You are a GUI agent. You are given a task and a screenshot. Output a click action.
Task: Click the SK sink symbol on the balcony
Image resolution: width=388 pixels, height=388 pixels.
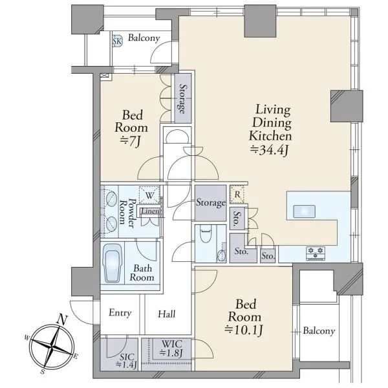point(117,41)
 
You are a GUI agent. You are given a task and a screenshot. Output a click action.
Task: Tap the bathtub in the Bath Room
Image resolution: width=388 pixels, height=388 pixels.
point(112,263)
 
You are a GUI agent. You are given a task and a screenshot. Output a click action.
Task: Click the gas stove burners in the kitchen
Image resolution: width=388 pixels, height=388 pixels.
point(316,253)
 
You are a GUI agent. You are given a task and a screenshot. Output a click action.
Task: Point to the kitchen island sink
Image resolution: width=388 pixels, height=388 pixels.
point(304,211)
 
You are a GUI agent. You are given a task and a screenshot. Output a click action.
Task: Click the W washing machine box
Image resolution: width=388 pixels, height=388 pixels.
point(149,195)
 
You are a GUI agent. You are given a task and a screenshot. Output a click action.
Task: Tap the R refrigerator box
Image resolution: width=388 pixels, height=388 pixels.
point(237,195)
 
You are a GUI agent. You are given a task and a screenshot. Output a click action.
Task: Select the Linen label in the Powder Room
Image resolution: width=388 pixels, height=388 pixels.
point(150,211)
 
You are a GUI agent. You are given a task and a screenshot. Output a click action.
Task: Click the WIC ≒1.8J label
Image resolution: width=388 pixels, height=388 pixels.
point(171,349)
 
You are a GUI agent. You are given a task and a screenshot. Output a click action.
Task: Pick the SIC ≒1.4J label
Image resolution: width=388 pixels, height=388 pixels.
point(127,361)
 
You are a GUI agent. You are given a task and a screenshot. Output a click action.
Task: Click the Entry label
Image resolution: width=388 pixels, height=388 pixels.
point(120,313)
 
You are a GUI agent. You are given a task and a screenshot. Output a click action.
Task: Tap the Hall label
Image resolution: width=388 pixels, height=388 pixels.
point(167,314)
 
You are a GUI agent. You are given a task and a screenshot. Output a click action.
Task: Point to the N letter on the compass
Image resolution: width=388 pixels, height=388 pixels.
point(62,319)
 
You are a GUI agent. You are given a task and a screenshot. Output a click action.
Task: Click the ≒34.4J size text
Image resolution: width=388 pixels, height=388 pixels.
point(270,150)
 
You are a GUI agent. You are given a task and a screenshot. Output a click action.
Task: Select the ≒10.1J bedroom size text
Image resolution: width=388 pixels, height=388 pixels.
point(244,330)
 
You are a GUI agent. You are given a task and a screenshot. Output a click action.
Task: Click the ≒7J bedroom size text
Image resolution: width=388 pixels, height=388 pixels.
point(130,141)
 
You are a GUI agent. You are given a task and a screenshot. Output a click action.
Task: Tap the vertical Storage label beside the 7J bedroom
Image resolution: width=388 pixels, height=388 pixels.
point(183,98)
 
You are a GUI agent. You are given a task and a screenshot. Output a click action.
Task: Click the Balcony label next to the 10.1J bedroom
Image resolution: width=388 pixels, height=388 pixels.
point(319,331)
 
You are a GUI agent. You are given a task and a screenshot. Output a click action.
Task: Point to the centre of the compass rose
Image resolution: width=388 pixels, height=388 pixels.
point(52,346)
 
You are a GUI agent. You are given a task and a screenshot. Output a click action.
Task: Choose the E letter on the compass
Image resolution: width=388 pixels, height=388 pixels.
point(76,356)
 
